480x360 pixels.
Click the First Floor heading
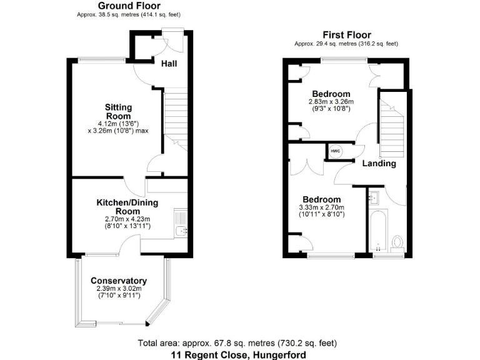pos(346,35)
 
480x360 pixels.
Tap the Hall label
pos(169,64)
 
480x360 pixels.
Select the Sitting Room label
pos(117,112)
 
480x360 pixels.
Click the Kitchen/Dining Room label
pos(127,207)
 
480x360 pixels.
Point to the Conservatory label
pos(119,281)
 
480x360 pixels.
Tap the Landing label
pos(379,164)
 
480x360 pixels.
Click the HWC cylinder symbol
pos(335,151)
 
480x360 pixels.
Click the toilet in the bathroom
pos(396,242)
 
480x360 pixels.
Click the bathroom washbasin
pos(374,199)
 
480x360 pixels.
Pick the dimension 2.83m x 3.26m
pos(331,101)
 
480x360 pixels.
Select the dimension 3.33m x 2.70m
pos(321,208)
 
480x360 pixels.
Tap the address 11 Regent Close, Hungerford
pos(239,354)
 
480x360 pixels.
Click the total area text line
pos(237,343)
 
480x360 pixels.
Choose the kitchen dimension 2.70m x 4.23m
pos(127,219)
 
